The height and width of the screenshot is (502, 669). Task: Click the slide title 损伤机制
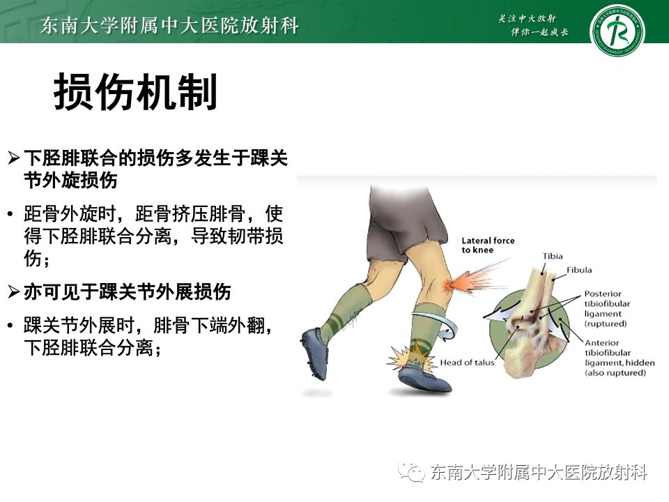(x=136, y=93)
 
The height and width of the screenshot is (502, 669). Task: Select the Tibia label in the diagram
(x=552, y=257)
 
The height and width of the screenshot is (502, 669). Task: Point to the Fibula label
(x=578, y=269)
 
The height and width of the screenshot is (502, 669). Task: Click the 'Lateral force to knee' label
(x=488, y=245)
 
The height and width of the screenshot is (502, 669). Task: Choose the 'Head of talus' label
(x=467, y=363)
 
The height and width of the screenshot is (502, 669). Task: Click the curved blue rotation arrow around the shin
(x=446, y=322)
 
